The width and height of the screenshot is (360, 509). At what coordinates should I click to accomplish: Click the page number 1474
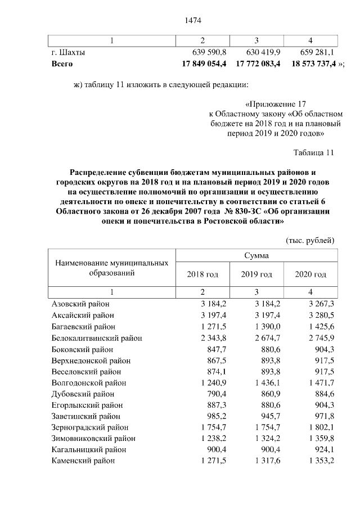(x=193, y=21)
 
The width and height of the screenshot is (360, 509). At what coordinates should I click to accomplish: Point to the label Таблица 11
(x=314, y=152)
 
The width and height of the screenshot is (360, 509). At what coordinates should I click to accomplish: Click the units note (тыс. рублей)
(x=310, y=240)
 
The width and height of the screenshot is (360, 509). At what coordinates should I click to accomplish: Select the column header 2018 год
(x=202, y=274)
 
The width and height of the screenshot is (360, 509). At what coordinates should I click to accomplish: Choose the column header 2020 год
(x=310, y=274)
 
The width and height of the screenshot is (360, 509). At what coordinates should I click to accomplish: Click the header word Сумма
(x=256, y=255)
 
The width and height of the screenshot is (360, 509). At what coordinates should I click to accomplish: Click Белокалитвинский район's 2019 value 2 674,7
(x=256, y=337)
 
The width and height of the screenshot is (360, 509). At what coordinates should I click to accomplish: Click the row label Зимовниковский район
(x=93, y=438)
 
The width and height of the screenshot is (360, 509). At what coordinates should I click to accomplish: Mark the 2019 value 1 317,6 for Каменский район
(x=256, y=461)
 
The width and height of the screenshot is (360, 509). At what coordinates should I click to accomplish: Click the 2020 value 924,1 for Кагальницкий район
(x=315, y=449)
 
